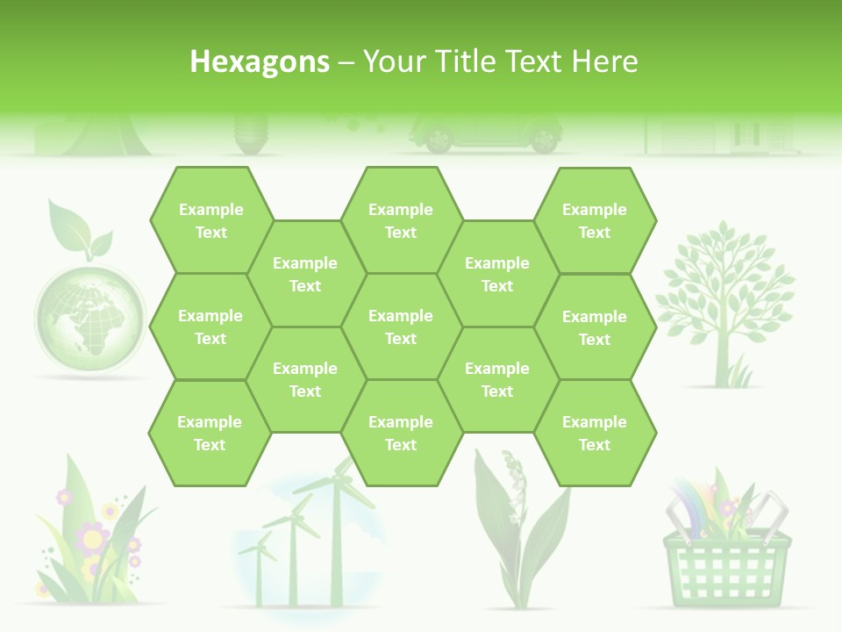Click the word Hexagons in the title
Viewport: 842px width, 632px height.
click(260, 61)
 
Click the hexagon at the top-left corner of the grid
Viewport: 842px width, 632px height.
click(210, 220)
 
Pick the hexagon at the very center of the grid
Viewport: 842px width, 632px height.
click(401, 327)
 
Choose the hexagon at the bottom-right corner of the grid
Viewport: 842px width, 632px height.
click(595, 433)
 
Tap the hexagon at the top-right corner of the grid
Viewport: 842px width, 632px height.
click(595, 220)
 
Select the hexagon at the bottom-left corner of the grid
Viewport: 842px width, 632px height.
click(210, 433)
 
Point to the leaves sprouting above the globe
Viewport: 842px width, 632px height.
click(79, 230)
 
